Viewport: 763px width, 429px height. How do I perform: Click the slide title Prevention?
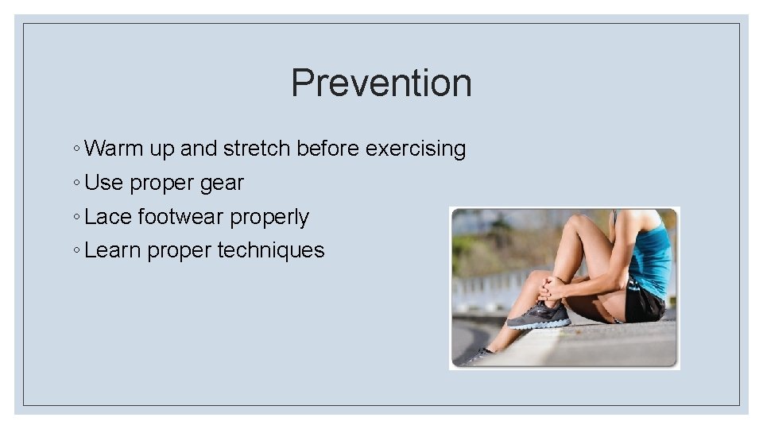tap(381, 83)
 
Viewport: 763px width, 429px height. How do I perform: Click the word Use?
tap(103, 183)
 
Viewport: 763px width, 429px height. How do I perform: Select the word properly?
tap(269, 218)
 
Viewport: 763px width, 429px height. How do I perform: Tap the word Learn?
tap(112, 250)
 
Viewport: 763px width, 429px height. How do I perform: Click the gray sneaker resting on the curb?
tap(538, 316)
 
